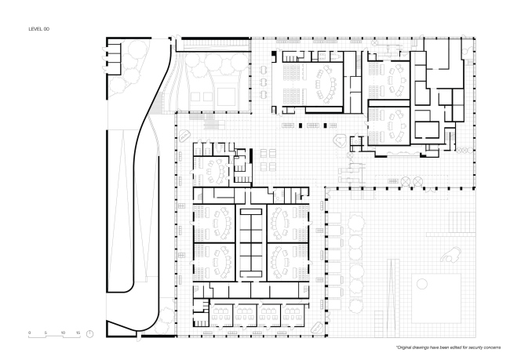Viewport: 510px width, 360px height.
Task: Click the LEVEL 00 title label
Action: [39, 29]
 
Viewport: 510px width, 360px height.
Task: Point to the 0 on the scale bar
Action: [29, 333]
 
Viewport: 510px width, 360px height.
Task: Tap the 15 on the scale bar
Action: [78, 333]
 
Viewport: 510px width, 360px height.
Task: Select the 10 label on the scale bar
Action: [63, 333]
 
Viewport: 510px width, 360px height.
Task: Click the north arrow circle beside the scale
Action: [89, 334]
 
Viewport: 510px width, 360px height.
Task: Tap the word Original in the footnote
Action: [404, 347]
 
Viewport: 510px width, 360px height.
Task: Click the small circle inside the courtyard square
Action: [422, 284]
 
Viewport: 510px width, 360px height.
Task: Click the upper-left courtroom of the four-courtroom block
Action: [214, 223]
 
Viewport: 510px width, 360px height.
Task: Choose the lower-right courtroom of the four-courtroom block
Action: [288, 262]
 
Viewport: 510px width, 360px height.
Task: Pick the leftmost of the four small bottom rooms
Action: [220, 315]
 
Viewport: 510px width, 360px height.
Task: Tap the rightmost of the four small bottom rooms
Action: [293, 315]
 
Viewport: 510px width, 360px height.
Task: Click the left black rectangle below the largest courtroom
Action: [301, 125]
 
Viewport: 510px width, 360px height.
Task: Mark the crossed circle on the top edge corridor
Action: [375, 42]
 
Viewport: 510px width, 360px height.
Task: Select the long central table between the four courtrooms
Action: [251, 242]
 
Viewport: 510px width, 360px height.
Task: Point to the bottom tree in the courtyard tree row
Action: [355, 306]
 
